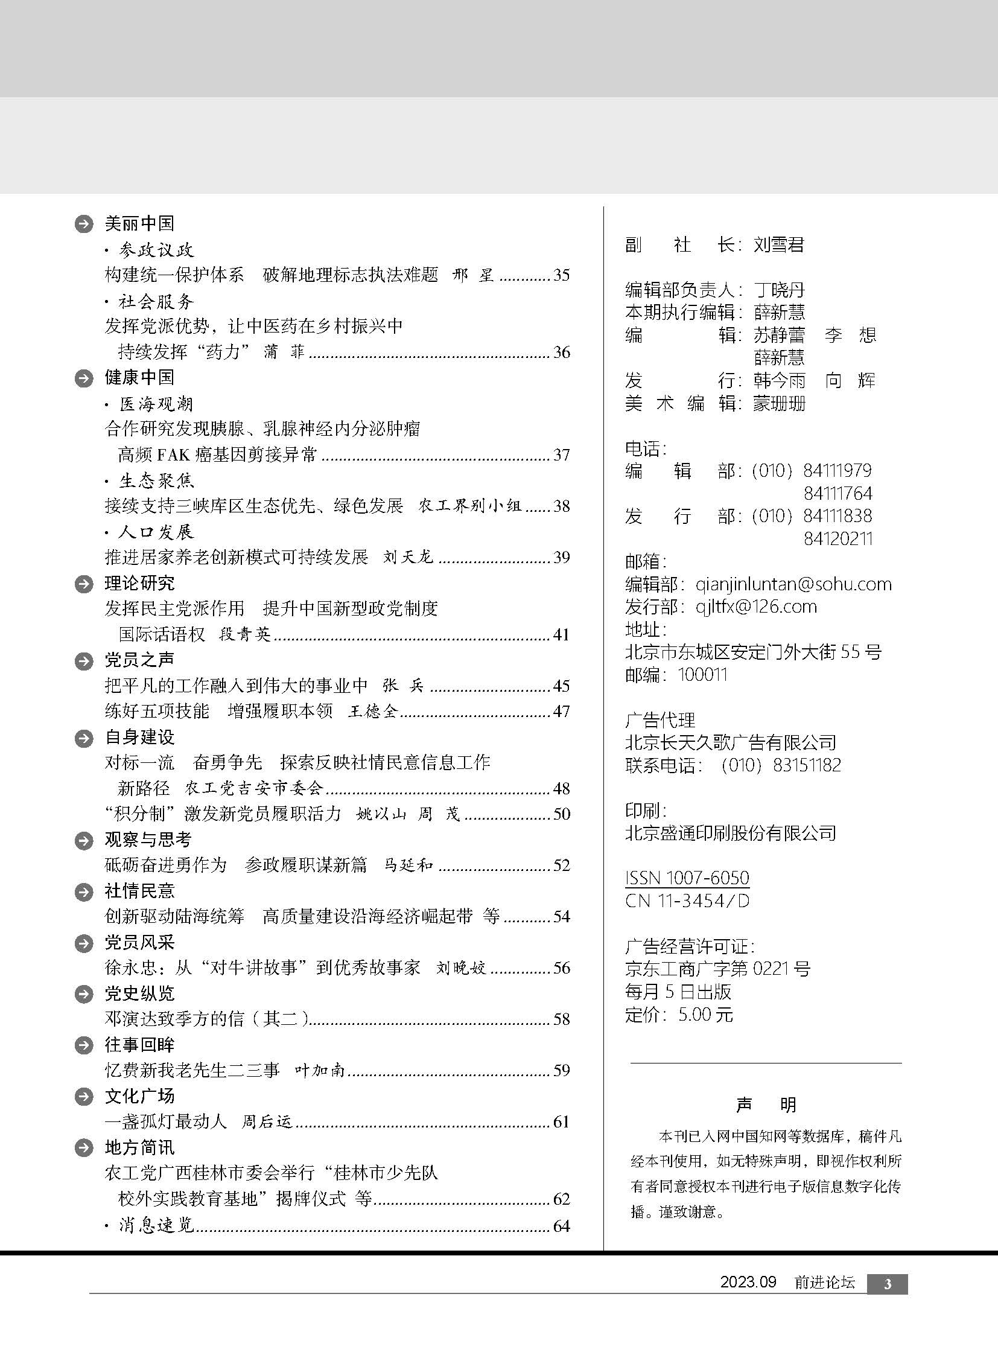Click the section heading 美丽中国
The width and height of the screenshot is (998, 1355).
[139, 223]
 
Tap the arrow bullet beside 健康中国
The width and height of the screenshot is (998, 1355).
[83, 378]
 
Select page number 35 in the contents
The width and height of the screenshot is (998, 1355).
[561, 275]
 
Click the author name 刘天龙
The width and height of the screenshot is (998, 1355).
[408, 557]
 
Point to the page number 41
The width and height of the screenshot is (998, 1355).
[561, 634]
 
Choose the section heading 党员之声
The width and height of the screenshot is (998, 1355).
[139, 660]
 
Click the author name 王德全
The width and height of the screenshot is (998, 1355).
[373, 712]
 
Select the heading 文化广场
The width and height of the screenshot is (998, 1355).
[139, 1096]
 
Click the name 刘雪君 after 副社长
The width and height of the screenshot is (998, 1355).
[779, 245]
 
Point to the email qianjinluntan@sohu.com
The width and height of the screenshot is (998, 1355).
[793, 584]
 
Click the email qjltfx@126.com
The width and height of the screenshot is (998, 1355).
[756, 606]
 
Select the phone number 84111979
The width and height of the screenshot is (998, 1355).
[837, 470]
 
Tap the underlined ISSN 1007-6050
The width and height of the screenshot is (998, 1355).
[687, 878]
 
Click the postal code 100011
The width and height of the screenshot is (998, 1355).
[702, 674]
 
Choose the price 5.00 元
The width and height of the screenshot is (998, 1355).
[705, 1015]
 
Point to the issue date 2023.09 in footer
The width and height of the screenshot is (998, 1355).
[747, 1283]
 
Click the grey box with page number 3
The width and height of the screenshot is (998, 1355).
[887, 1284]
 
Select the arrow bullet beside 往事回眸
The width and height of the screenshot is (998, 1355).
[83, 1046]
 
